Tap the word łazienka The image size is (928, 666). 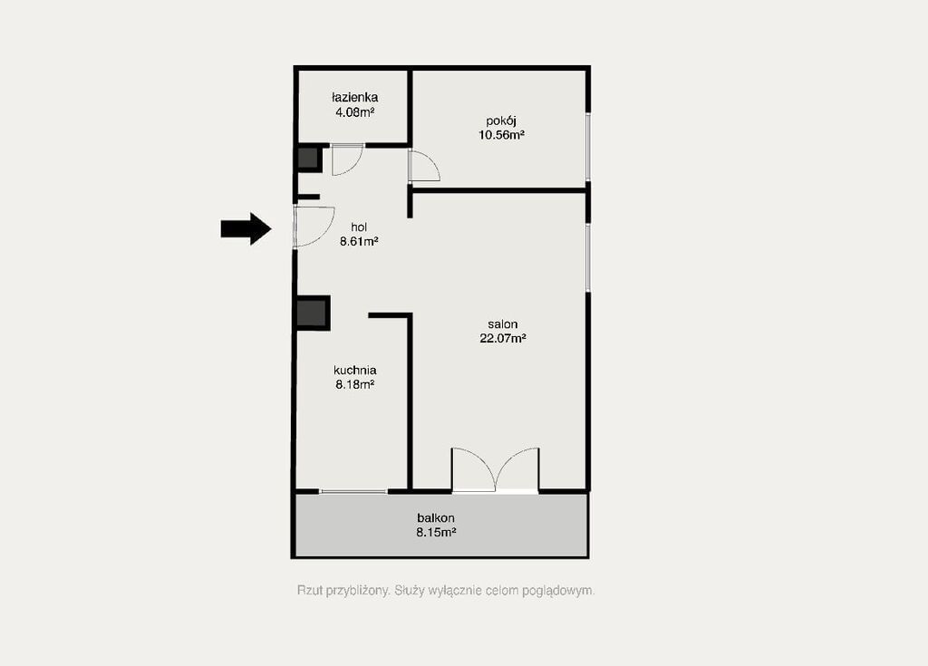pos(354,97)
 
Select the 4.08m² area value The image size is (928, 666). pos(354,111)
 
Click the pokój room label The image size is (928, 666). pos(501,121)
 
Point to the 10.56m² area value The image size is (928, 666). pos(501,135)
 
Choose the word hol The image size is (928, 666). pos(359,227)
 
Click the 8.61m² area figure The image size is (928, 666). pos(359,242)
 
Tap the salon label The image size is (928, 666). pos(502,324)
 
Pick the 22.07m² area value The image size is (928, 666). pos(502,339)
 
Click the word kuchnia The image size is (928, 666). pos(354,371)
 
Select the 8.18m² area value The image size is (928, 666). pos(354,385)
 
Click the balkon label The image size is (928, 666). pos(436,518)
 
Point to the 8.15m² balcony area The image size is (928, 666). pos(436,532)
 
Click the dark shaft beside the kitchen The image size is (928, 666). pos(313,313)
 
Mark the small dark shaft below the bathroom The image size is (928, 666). pos(308,159)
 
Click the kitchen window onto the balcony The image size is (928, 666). pos(353,491)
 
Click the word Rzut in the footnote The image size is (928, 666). pos(310,590)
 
